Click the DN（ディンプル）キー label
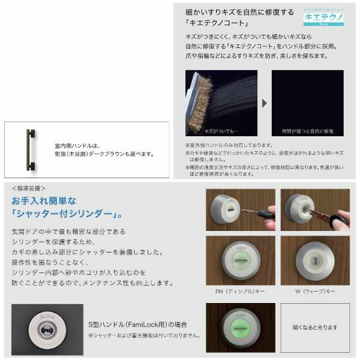[240, 291]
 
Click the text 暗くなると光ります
[314, 328]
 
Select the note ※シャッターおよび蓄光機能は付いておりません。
[143, 335]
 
